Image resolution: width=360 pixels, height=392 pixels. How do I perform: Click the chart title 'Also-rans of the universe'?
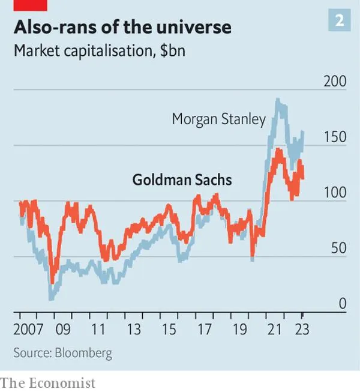point(122,28)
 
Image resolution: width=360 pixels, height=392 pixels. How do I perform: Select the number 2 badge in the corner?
point(339,21)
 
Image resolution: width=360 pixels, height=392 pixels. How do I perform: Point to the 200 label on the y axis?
point(334,81)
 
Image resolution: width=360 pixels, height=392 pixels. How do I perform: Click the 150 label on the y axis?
point(334,137)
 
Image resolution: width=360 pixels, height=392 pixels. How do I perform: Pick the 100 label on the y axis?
point(334,193)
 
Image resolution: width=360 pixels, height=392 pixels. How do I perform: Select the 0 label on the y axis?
point(342,304)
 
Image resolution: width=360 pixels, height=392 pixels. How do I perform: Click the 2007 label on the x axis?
point(29,329)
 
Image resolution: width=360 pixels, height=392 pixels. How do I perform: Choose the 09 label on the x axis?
point(63,329)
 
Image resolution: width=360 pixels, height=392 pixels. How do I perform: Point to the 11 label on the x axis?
point(98,329)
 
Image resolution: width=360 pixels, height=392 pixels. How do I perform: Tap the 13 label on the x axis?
point(133,329)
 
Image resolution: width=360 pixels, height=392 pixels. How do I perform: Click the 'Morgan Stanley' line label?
point(218,119)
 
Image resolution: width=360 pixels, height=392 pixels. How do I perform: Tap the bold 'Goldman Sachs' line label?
point(181,179)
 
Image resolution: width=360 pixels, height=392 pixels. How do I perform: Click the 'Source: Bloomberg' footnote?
point(62,352)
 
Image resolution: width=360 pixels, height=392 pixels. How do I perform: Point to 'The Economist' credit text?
point(47,382)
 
